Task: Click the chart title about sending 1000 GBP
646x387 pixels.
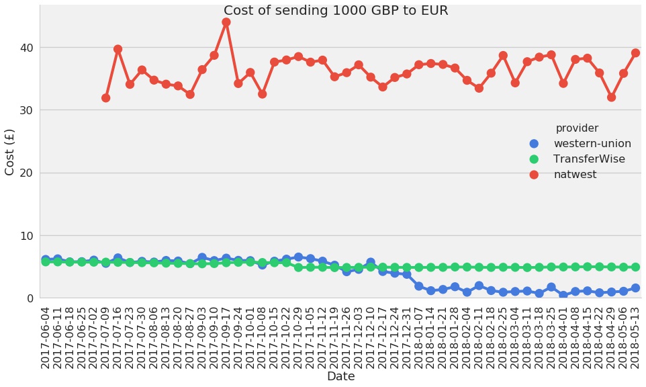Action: pyautogui.click(x=336, y=11)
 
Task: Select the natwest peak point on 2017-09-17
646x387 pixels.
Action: pyautogui.click(x=226, y=22)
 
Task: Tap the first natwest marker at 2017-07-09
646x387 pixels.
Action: pyautogui.click(x=105, y=98)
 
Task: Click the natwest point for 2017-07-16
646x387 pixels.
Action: pyautogui.click(x=118, y=49)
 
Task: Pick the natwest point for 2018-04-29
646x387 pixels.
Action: pyautogui.click(x=611, y=97)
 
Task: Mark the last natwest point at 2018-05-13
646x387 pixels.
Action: pyautogui.click(x=635, y=53)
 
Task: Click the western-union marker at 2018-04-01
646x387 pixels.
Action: pyautogui.click(x=563, y=296)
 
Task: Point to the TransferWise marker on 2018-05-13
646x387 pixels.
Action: pyautogui.click(x=635, y=267)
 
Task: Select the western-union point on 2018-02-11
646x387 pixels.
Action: pyautogui.click(x=479, y=286)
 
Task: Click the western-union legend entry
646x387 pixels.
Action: pyautogui.click(x=592, y=144)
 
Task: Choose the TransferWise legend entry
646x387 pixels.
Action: pyautogui.click(x=588, y=159)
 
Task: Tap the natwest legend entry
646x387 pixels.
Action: pyautogui.click(x=574, y=175)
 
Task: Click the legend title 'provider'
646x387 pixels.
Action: pyautogui.click(x=577, y=128)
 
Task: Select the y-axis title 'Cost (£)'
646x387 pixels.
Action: pyautogui.click(x=10, y=152)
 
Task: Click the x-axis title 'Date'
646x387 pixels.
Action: pyautogui.click(x=340, y=377)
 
